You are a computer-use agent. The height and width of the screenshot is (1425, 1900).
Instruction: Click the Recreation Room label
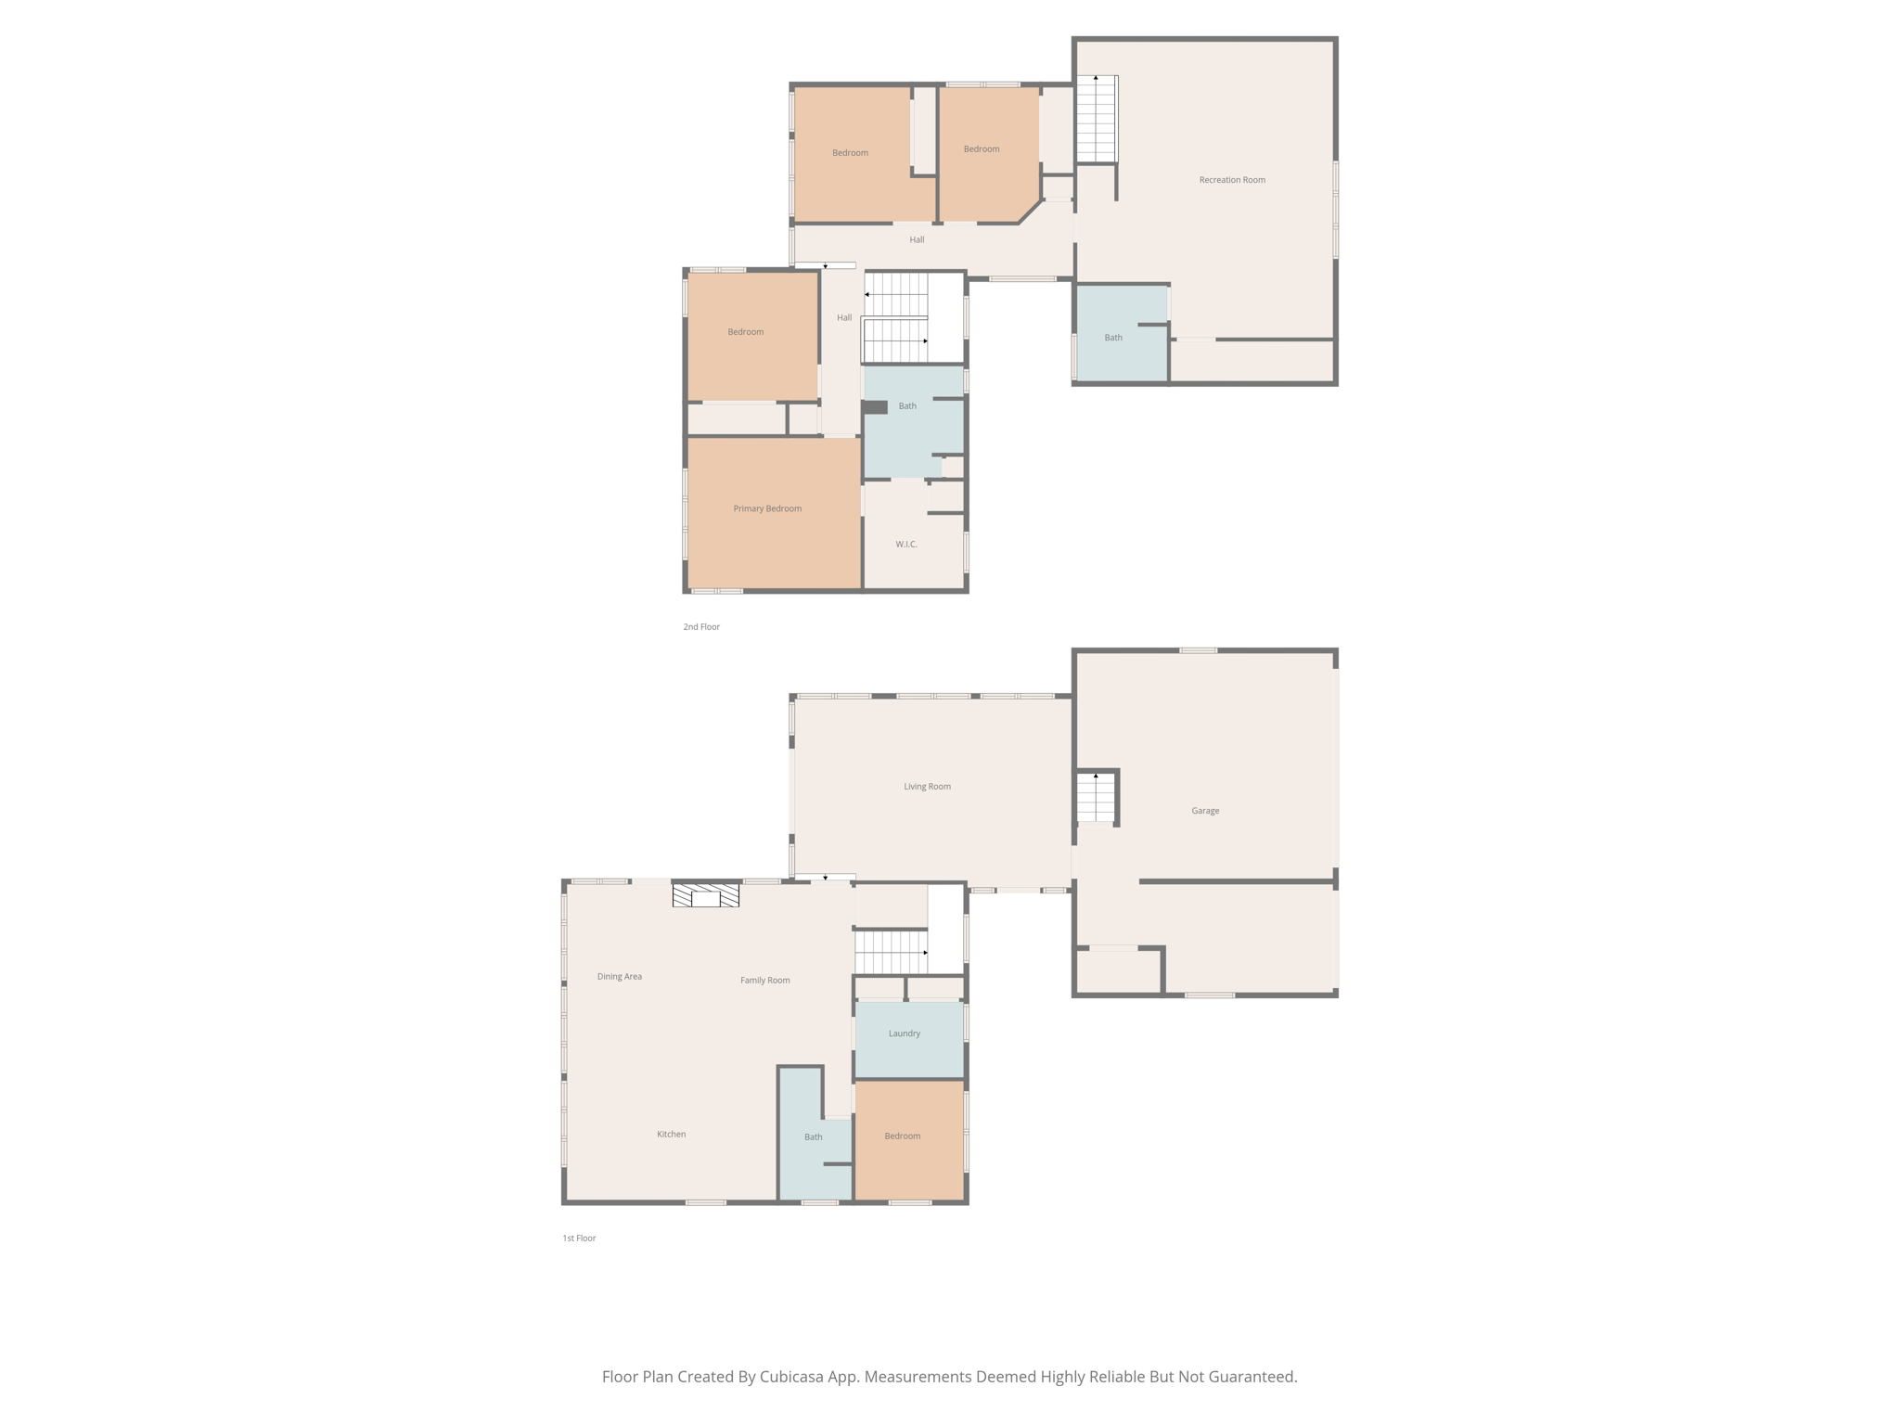click(1231, 180)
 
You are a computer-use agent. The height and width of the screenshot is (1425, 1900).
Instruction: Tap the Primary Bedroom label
click(767, 508)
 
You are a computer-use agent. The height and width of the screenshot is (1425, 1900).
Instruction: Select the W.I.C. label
click(906, 545)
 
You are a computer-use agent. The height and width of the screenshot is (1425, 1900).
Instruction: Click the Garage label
click(1205, 811)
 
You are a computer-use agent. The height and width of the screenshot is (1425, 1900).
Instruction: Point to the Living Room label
click(927, 787)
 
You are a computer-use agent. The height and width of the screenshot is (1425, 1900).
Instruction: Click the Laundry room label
click(904, 1033)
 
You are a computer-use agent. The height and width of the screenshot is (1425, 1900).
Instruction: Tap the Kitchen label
click(671, 1135)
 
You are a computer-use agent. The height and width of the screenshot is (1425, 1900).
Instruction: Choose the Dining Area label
click(619, 977)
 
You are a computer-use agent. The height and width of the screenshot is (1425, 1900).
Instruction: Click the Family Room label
click(764, 981)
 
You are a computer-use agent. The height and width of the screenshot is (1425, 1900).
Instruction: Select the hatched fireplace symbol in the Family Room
click(705, 896)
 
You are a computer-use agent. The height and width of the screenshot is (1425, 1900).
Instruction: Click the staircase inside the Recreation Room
click(1096, 119)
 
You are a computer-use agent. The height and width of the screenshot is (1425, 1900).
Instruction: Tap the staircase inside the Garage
click(1096, 798)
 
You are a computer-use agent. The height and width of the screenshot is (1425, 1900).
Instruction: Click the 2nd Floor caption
click(701, 627)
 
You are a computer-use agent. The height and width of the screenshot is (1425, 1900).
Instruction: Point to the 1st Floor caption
click(579, 1239)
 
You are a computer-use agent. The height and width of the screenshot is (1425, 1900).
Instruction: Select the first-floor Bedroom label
click(902, 1136)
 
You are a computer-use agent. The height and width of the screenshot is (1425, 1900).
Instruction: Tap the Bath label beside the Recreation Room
click(1112, 338)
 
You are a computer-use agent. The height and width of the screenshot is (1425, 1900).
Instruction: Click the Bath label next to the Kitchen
click(813, 1137)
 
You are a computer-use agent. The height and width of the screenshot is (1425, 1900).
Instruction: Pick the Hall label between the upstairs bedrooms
click(917, 240)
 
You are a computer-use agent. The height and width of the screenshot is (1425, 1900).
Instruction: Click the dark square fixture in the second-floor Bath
click(875, 407)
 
